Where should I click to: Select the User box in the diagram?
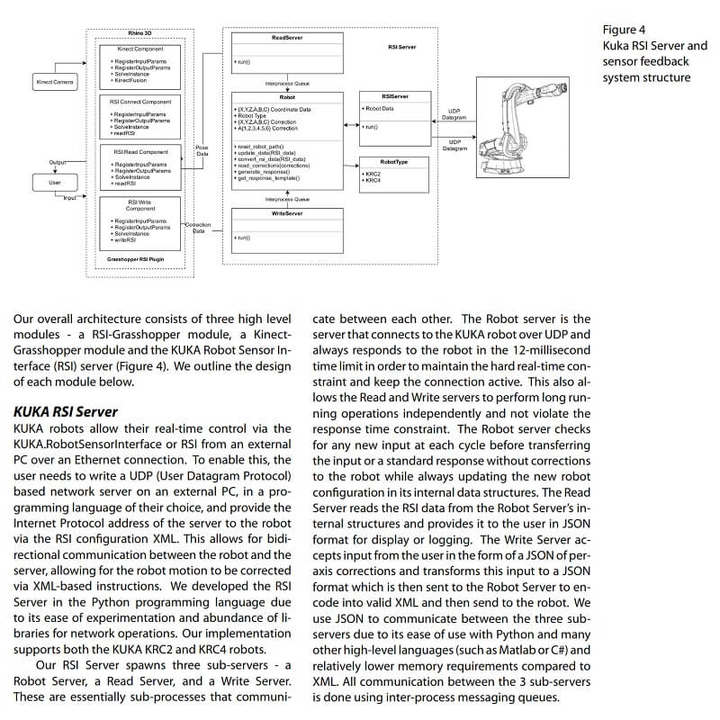54,183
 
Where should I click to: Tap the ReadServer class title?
287,38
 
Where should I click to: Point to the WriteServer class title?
287,212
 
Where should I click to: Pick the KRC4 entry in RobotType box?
373,180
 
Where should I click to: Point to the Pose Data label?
202,150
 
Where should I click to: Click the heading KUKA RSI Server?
66,411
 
